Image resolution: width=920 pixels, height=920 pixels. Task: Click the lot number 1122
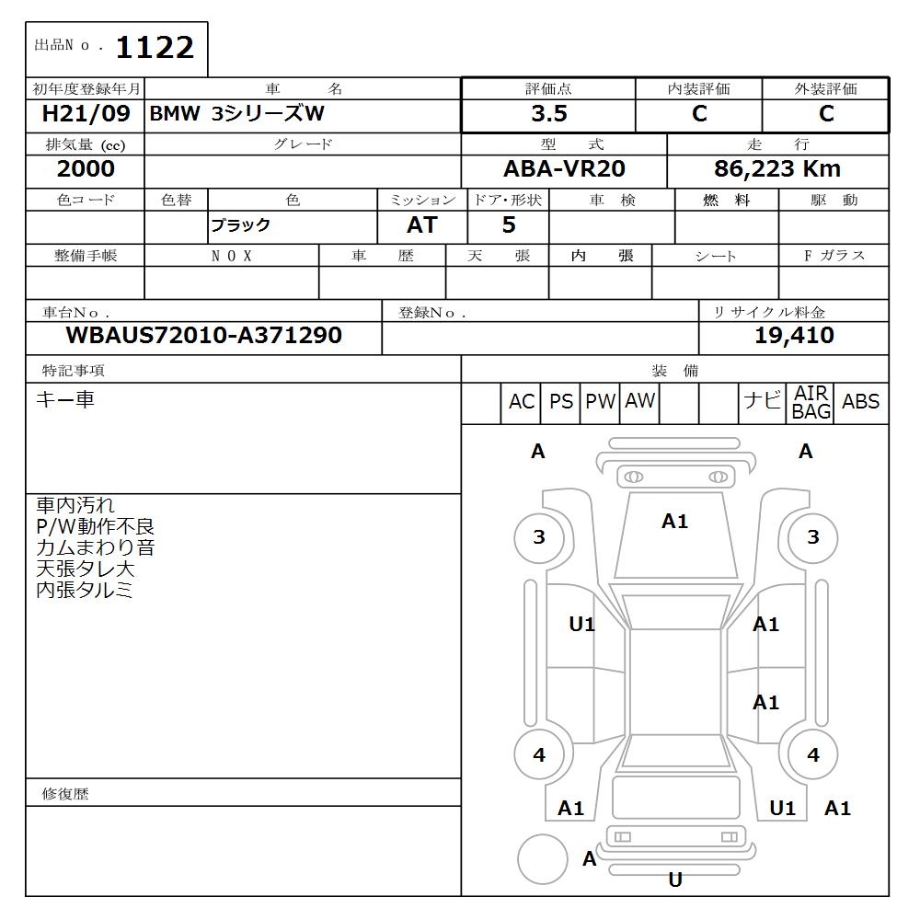[154, 48]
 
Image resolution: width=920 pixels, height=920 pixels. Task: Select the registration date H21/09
[86, 114]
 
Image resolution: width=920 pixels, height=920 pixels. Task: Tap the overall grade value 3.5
[548, 114]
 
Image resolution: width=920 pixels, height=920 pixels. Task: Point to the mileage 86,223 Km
[777, 169]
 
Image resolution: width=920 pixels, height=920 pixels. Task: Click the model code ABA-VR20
[565, 169]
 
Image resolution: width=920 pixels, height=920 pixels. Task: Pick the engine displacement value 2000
[86, 169]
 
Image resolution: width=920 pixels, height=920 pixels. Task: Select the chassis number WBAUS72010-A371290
[203, 336]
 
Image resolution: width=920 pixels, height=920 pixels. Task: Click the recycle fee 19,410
[794, 336]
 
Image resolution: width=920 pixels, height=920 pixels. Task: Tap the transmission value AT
[421, 225]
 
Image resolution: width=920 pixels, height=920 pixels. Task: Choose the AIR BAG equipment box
[811, 403]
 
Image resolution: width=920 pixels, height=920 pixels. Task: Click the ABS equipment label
[860, 402]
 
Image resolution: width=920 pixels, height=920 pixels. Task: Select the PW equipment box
[600, 402]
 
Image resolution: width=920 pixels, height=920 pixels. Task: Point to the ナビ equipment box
[762, 402]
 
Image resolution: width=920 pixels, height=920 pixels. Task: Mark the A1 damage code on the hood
[674, 522]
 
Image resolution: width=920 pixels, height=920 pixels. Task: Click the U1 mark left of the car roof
[581, 625]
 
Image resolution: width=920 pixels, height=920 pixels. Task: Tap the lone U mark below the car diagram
[675, 880]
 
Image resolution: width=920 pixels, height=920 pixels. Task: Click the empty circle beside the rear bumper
[542, 860]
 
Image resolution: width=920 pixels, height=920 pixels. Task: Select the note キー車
[64, 400]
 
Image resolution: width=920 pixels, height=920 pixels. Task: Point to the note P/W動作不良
[95, 527]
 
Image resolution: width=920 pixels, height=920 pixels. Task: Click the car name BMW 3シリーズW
[236, 114]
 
